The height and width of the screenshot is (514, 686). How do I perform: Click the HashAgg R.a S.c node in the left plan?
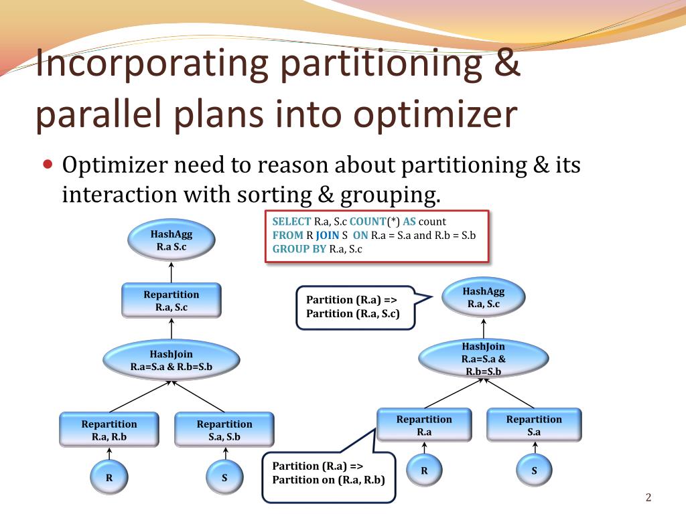point(171,241)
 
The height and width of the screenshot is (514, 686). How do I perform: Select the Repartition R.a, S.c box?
point(171,301)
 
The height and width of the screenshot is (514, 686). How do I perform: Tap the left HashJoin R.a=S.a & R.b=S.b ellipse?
point(171,360)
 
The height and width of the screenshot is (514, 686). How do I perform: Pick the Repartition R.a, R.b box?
point(109,430)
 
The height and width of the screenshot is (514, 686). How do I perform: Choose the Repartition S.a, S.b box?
point(224,430)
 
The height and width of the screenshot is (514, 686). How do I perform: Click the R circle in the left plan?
point(109,478)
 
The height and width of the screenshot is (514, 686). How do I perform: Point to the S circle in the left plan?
point(224,478)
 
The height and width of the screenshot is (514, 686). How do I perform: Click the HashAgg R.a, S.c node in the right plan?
point(483,298)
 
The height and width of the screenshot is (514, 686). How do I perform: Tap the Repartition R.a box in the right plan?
point(424,425)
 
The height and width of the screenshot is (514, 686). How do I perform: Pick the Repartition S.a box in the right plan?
point(534,425)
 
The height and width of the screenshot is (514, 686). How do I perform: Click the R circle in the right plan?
point(424,470)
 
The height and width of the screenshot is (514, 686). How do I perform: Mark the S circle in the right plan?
point(534,470)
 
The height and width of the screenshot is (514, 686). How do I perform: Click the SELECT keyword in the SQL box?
point(291,222)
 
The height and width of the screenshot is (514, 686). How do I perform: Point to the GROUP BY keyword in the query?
point(299,249)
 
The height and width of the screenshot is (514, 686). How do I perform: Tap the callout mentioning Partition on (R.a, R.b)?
point(328,473)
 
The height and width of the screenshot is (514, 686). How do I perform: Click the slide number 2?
point(648,497)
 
